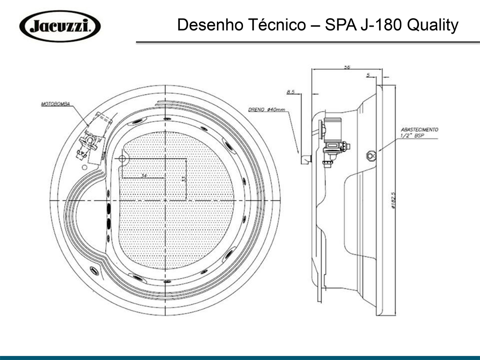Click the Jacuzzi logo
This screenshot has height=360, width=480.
point(60,26)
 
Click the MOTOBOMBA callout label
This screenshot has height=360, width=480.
point(55,105)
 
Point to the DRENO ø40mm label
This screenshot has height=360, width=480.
point(266,110)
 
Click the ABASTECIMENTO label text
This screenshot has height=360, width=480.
point(419,130)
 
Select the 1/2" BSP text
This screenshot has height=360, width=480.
point(412,136)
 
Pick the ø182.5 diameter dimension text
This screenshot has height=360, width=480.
point(393,201)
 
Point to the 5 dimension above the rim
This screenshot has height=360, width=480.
point(369,75)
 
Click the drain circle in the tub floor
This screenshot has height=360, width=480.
point(123,159)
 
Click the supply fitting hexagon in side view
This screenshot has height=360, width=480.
point(371,154)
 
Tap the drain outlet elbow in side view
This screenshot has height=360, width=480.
point(304,159)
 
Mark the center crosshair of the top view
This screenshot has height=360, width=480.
point(165,200)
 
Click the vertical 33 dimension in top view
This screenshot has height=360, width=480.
point(184,178)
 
